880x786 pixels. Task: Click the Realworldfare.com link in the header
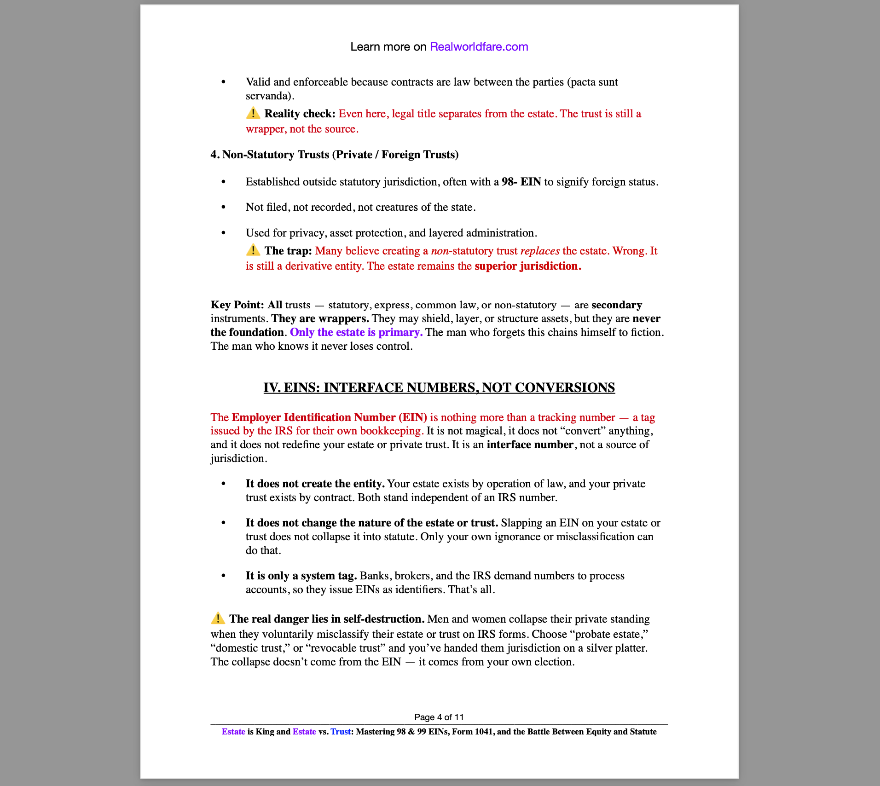[x=479, y=46]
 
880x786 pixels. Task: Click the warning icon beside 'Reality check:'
[x=253, y=113]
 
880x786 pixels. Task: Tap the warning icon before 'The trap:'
[x=253, y=250]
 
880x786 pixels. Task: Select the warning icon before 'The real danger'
[x=218, y=618]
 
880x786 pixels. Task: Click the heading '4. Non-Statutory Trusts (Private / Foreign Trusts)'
[x=334, y=155]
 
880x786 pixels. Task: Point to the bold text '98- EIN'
[x=521, y=182]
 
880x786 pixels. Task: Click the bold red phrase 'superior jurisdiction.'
[x=528, y=266]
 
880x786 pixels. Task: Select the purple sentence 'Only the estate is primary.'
[x=356, y=332]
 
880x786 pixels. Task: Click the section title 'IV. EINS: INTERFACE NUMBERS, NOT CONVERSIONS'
[x=439, y=387]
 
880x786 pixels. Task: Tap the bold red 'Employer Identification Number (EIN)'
[x=329, y=417]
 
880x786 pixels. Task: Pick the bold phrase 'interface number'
[x=530, y=445]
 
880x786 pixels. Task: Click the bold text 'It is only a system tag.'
[x=301, y=576]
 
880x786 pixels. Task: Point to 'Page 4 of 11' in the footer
[x=439, y=717]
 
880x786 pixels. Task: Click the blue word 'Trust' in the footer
[x=341, y=732]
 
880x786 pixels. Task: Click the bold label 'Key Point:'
[x=237, y=305]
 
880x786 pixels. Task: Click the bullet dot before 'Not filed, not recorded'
[x=224, y=208]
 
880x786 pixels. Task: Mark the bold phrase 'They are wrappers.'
[x=320, y=318]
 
